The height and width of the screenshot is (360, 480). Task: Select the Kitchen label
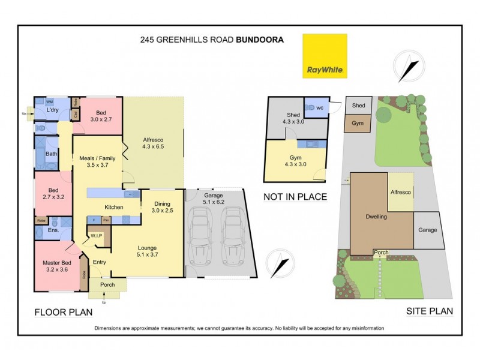[114, 208]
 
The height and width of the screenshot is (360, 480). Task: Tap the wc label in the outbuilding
[320, 108]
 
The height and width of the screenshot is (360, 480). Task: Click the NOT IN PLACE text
[295, 196]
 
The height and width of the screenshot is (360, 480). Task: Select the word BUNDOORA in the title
[260, 40]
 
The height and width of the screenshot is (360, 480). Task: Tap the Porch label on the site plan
[380, 252]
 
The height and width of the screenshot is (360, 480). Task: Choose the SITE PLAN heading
[430, 311]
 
